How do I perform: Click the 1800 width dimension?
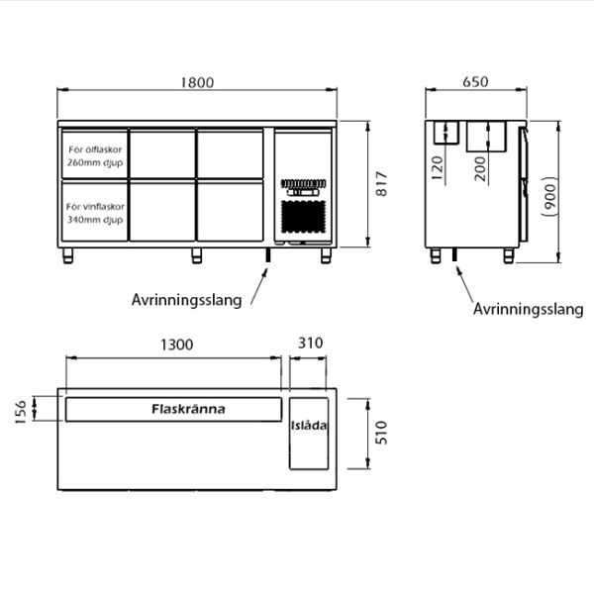197,82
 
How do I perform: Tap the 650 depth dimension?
475,82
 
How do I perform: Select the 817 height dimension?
381,184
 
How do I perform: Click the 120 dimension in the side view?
438,168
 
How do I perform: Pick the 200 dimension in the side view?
479,168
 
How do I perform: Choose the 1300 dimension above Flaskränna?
177,345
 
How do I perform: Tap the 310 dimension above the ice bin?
310,344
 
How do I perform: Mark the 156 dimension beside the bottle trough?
21,412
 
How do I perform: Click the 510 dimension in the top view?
381,433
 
